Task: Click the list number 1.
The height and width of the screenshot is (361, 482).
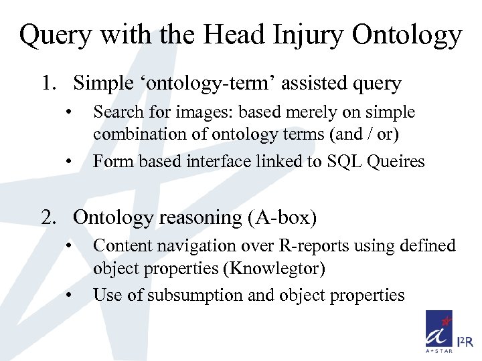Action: point(46,84)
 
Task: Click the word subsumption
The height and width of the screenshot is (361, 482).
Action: point(195,295)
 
